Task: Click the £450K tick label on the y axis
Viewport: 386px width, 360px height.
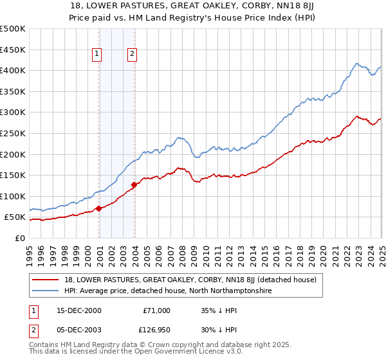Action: (x=13, y=50)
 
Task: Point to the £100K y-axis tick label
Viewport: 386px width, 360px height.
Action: (x=13, y=196)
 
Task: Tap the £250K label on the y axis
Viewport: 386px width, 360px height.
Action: (x=13, y=133)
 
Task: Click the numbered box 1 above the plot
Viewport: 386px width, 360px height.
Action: (x=97, y=55)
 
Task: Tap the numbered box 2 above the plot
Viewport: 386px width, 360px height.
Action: (x=132, y=55)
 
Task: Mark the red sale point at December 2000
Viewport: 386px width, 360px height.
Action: (x=99, y=208)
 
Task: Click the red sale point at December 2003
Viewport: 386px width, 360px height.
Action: (x=134, y=185)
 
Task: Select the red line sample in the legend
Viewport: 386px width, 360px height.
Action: (x=45, y=280)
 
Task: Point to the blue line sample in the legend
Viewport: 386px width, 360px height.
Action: (x=45, y=291)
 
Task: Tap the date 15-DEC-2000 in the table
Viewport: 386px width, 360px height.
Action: (x=79, y=310)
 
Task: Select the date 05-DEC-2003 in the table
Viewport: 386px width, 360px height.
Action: (x=79, y=330)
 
